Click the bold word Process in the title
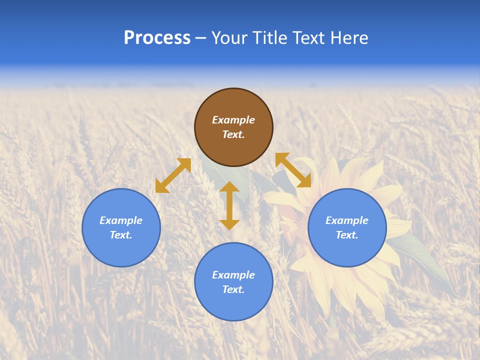157,38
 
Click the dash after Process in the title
200,38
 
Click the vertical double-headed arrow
229,205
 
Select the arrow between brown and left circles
173,175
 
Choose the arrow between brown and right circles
293,170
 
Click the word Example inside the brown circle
233,120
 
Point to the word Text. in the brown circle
233,135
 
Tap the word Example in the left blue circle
121,220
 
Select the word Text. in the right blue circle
347,235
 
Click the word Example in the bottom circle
233,275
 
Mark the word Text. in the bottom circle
233,289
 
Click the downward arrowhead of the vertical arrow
229,224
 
